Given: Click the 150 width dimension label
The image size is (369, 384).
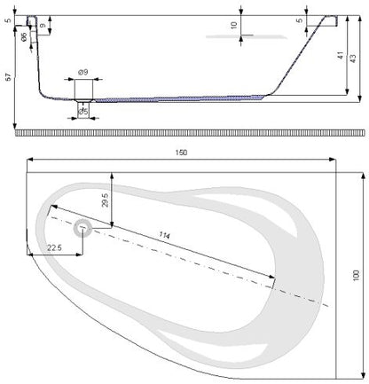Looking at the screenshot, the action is [x=181, y=153].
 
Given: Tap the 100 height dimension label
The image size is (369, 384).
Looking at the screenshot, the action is [x=356, y=276].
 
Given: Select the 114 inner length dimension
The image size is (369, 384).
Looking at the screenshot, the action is [x=164, y=235].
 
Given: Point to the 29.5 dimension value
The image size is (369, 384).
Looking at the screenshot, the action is [x=106, y=200].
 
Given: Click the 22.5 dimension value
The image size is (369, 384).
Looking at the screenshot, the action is [x=54, y=247].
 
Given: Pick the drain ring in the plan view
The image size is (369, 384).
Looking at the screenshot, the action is [x=82, y=228].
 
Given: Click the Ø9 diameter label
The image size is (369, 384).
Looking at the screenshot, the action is [x=83, y=72].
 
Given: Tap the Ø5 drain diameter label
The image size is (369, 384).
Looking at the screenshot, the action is [x=83, y=112].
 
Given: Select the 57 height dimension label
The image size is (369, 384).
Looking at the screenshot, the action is [x=9, y=77].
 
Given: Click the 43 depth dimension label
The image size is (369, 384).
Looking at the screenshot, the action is [x=353, y=59].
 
